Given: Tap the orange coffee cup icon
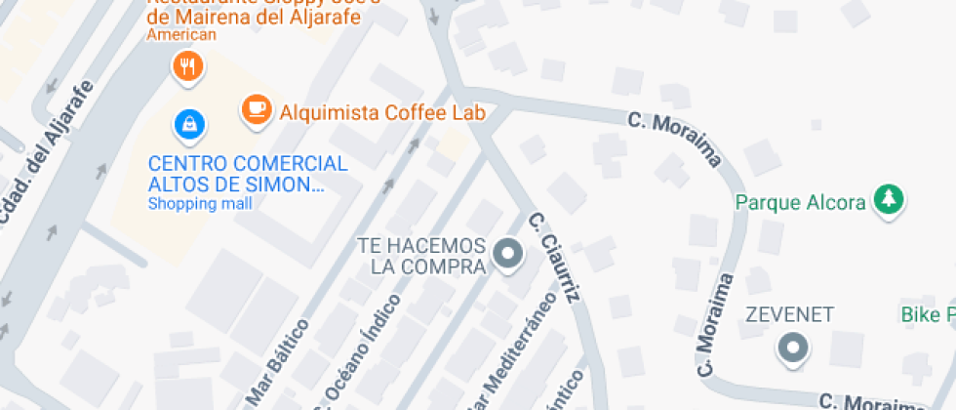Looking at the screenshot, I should coord(257,109).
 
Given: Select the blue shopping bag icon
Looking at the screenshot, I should coord(188,124).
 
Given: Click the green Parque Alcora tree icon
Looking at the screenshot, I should coord(888,201).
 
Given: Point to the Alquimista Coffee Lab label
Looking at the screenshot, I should coord(382,112).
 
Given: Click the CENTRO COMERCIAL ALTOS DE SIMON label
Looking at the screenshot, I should coord(247,173).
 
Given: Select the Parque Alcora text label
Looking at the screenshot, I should coord(800,202).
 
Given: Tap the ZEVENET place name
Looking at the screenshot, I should coord(789,314).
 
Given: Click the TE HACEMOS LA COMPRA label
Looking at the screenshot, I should coord(421,255).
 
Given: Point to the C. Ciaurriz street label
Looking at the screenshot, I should coord(554,260).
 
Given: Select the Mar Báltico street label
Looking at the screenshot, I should coord(277,361).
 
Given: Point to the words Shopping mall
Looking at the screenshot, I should coord(200,204).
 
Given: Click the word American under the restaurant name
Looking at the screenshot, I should coord(180,34).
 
